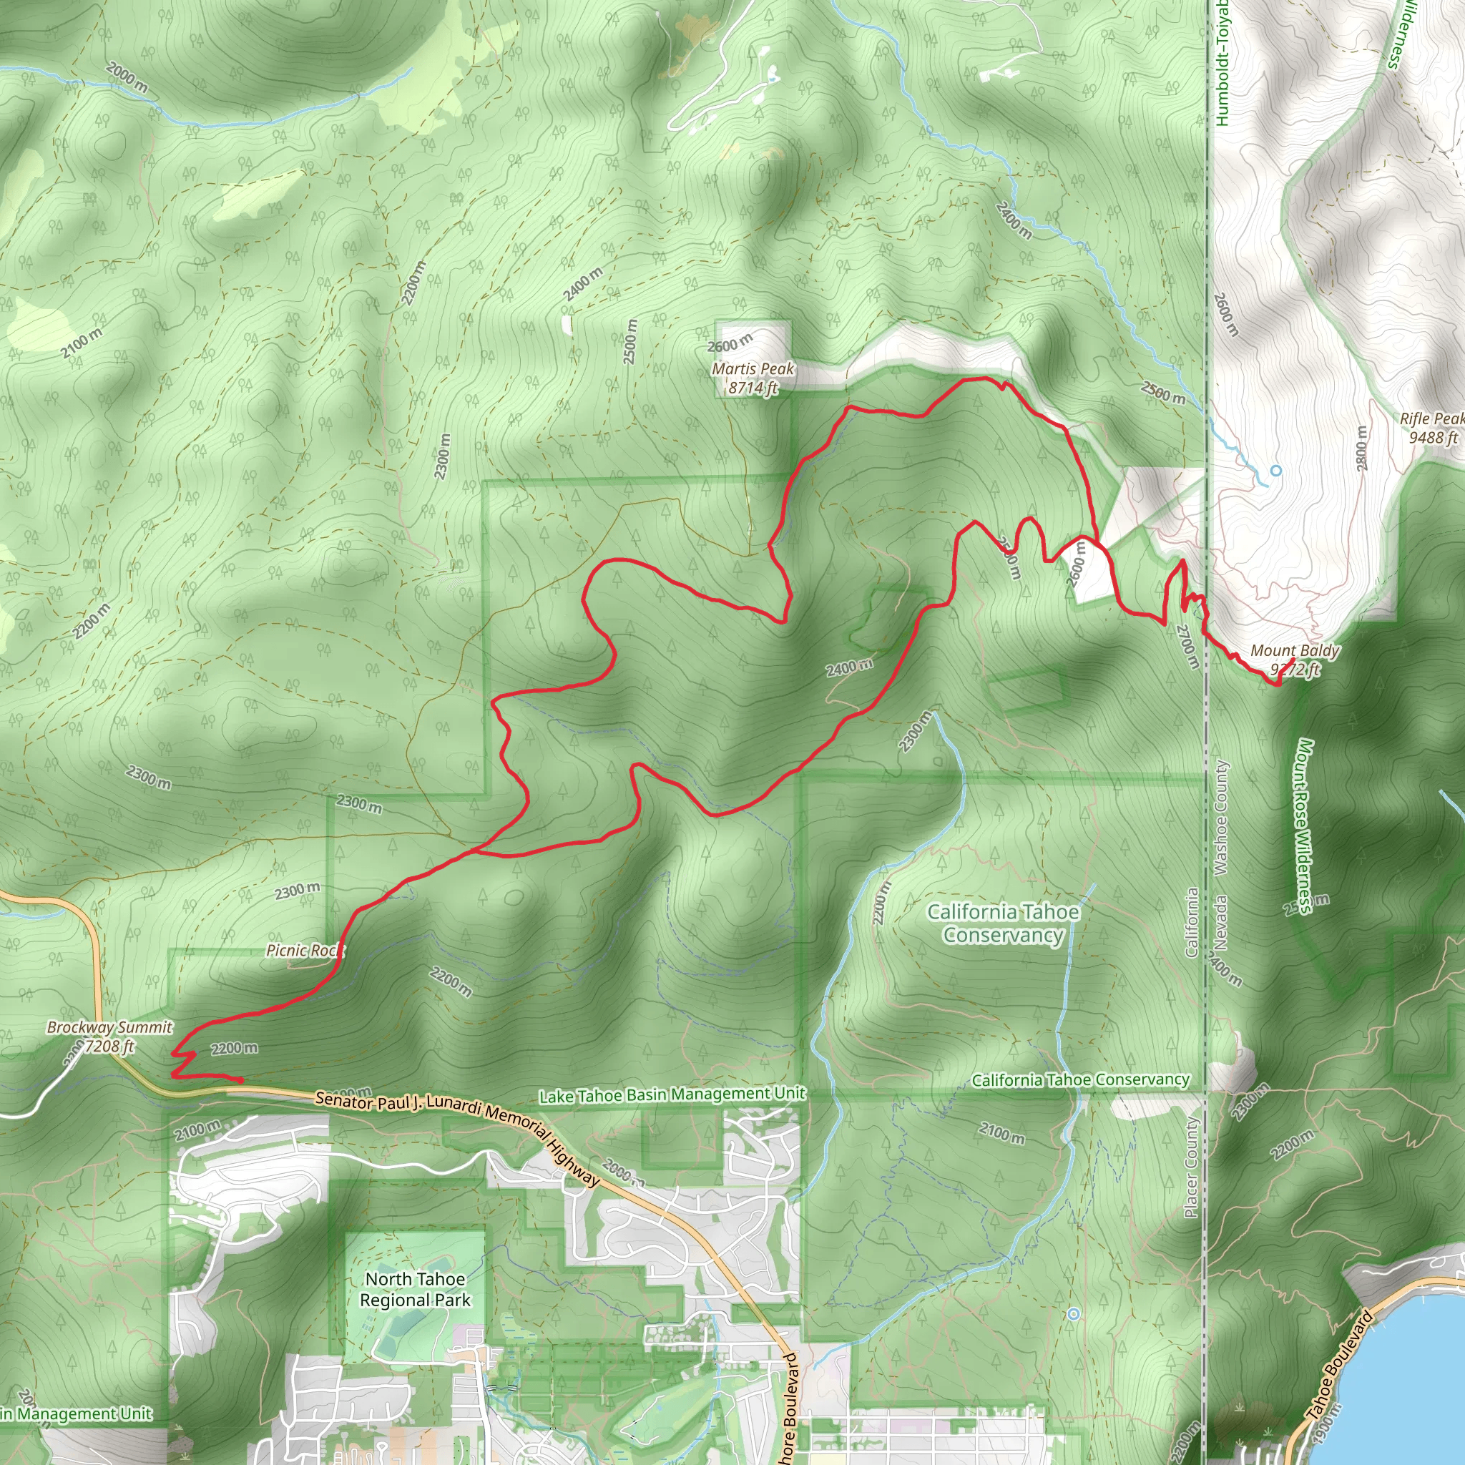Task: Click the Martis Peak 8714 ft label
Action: (x=753, y=378)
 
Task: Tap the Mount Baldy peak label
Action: (x=1294, y=659)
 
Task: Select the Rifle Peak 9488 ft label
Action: (x=1432, y=428)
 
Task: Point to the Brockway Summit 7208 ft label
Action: (x=110, y=1037)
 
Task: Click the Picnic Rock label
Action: (x=301, y=950)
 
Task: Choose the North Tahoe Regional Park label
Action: (x=415, y=1289)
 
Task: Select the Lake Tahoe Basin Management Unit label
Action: (x=672, y=1094)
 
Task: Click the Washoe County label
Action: (x=1221, y=818)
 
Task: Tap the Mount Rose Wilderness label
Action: (x=1304, y=826)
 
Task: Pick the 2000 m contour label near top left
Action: (x=127, y=78)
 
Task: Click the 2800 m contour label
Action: (x=1362, y=446)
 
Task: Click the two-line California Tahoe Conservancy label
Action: (x=1002, y=923)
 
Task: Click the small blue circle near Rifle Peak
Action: (x=1276, y=471)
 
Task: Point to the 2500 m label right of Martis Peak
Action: (x=1163, y=393)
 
